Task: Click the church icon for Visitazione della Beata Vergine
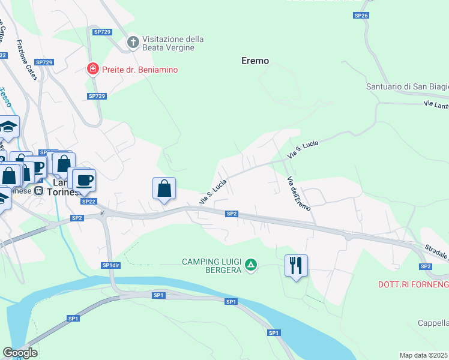(x=133, y=43)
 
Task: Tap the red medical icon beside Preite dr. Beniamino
(x=92, y=70)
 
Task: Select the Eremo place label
(x=255, y=61)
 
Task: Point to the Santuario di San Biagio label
(x=407, y=87)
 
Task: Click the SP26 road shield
(x=360, y=15)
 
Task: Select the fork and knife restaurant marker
(x=295, y=265)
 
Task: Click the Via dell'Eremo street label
(x=298, y=193)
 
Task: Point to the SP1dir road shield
(x=109, y=265)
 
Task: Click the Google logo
(x=20, y=353)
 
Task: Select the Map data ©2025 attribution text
(x=423, y=355)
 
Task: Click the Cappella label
(x=433, y=323)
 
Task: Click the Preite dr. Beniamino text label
(x=140, y=70)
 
